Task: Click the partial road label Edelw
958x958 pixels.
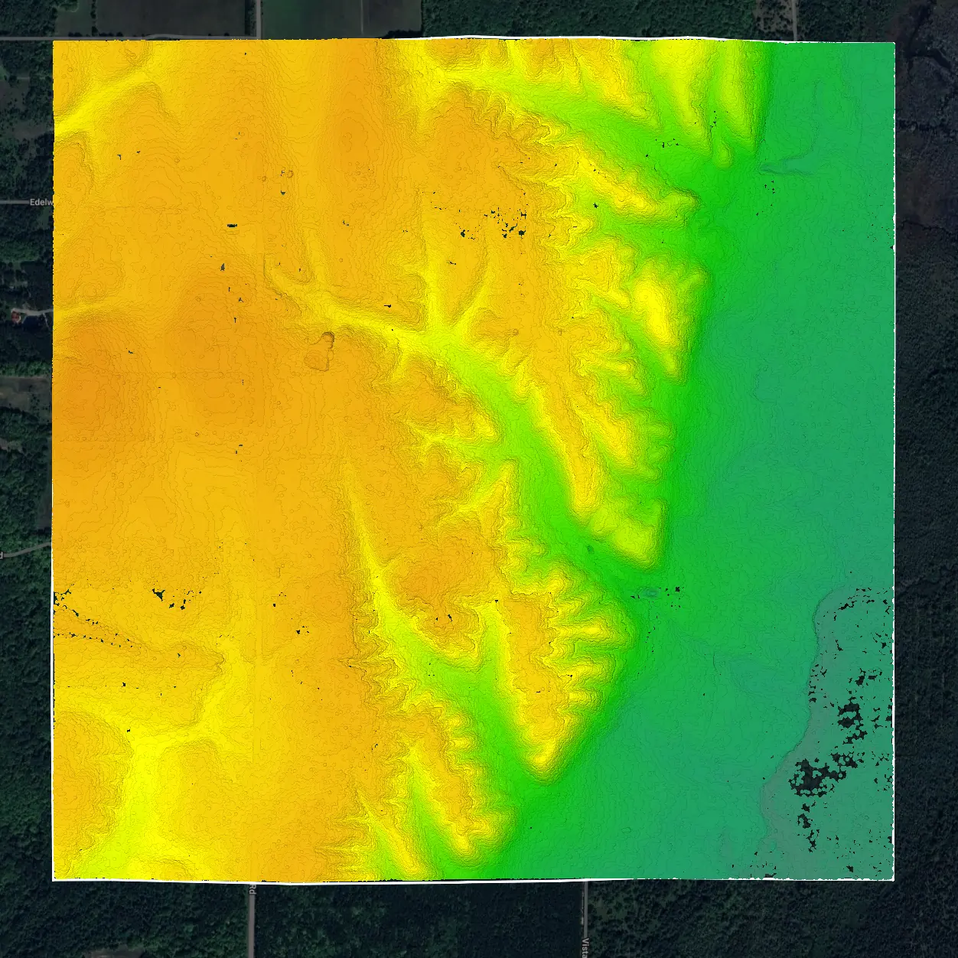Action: point(38,203)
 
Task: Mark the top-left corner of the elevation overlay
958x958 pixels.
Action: point(53,41)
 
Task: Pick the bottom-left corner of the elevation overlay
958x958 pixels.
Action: point(53,880)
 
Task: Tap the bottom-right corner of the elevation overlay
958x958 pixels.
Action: point(894,880)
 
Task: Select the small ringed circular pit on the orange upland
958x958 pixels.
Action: point(327,337)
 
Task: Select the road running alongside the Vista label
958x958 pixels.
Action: point(585,918)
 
